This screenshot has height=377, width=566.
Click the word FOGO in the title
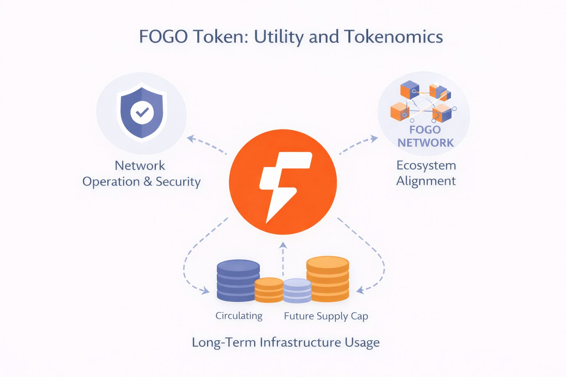pos(163,37)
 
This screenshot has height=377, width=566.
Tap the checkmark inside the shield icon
pos(142,112)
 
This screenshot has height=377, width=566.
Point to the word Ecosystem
pos(426,166)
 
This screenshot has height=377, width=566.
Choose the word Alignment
pos(426,181)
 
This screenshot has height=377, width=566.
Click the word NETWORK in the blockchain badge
pos(426,143)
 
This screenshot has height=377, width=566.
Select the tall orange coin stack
pos(328,279)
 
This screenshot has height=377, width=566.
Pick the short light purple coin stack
pos(297,290)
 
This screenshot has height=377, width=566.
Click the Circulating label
pos(239,316)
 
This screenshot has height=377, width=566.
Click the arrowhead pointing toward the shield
pos(191,138)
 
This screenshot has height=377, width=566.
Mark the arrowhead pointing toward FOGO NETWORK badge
pos(374,138)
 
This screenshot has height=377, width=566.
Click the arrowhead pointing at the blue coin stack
pos(205,291)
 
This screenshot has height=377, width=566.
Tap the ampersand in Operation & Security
pos(148,182)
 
